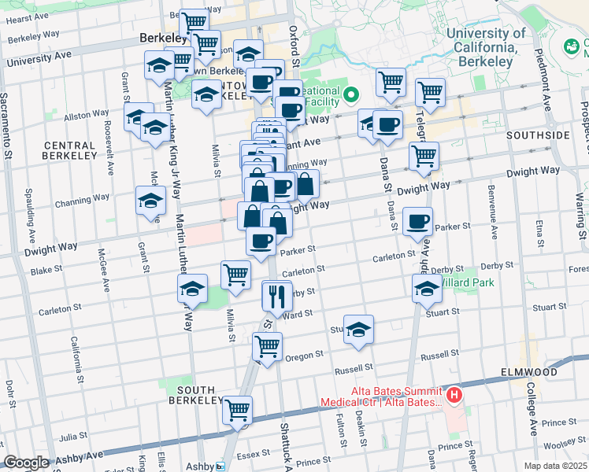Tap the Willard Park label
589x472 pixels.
[x=465, y=282]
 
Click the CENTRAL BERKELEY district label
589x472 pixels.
[x=70, y=151]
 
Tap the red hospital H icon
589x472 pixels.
[x=454, y=394]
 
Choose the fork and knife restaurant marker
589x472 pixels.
[x=276, y=296]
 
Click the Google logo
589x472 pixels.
[x=26, y=463]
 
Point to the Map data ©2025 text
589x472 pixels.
[x=556, y=466]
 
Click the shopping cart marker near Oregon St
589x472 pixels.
[x=268, y=345]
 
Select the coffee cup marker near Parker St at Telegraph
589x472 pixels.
[x=417, y=221]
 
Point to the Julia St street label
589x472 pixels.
[x=72, y=435]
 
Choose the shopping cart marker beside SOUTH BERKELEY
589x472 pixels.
[x=236, y=409]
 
